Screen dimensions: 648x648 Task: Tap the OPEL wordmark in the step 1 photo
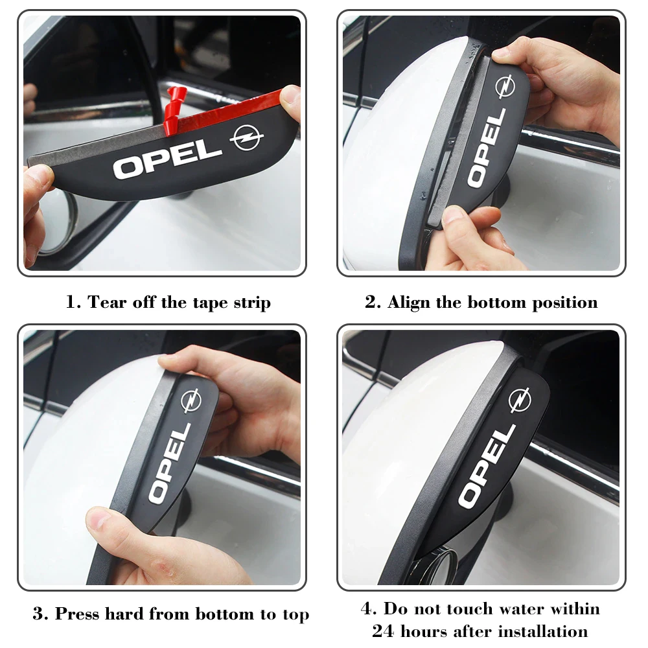pos(168,159)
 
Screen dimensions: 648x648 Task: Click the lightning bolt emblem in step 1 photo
pos(247,137)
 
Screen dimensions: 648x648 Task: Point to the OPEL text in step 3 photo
pos(170,463)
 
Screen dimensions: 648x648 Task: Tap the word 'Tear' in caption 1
pos(107,302)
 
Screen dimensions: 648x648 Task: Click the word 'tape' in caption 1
pos(211,303)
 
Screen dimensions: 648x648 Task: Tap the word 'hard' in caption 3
pos(124,614)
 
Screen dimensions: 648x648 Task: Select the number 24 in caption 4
pos(384,631)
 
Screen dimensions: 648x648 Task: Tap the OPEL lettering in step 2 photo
pos(487,148)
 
